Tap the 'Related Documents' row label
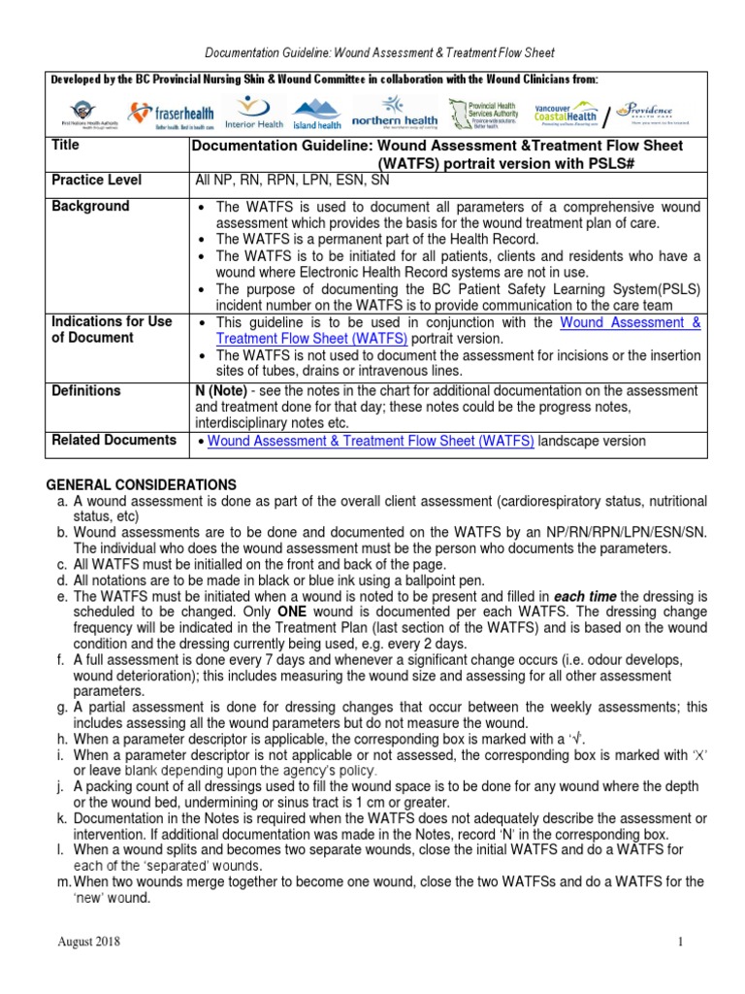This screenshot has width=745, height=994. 113,440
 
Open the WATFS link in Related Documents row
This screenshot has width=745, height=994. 371,441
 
